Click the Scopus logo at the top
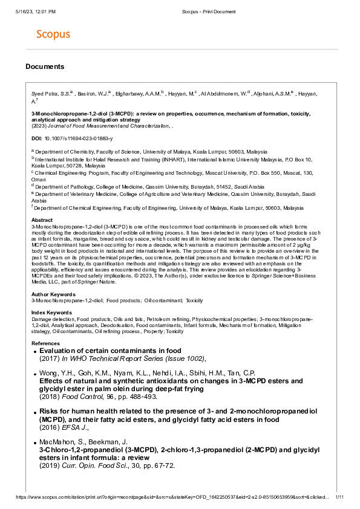(x=53, y=34)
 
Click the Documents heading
(x=45, y=66)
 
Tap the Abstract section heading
(x=42, y=221)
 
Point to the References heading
(x=45, y=343)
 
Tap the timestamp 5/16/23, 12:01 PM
(x=36, y=11)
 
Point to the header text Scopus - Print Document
(x=208, y=11)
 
